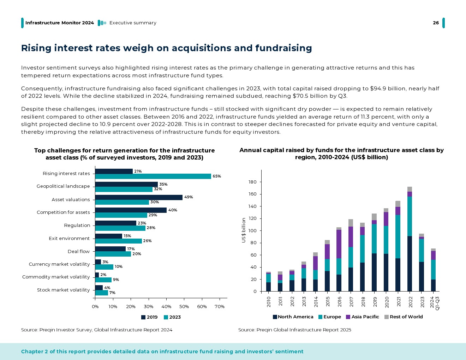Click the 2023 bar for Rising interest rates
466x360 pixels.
[153, 176]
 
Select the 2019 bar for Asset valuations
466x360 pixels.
[138, 197]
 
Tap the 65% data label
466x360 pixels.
[217, 176]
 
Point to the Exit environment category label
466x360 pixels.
[69, 239]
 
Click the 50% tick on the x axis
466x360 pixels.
[184, 307]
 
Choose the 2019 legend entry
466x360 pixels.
[149, 317]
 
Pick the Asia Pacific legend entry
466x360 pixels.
[363, 317]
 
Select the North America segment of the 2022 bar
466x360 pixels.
[410, 264]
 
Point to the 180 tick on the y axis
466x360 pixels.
[252, 182]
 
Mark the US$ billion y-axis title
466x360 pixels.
[244, 230]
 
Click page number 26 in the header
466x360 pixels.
[436, 23]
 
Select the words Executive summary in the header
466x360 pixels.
[133, 23]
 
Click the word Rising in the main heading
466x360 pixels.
[36, 48]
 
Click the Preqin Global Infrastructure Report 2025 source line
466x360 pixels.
[294, 330]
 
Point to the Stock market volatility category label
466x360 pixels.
[64, 290]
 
